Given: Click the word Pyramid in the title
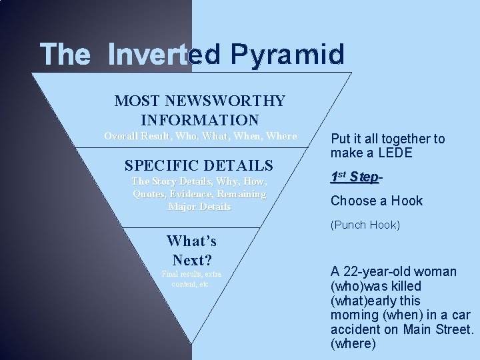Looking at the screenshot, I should point(289,55).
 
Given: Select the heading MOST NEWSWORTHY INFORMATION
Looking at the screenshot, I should point(200,111).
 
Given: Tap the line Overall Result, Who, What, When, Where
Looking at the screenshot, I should point(200,136).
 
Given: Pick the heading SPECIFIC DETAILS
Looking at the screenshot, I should point(199,165).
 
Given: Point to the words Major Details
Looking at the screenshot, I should point(199,207).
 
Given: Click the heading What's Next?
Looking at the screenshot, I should point(191,250).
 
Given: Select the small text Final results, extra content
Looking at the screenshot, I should point(191,279).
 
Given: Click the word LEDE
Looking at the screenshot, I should point(394,153).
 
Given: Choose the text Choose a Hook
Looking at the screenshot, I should point(377,201).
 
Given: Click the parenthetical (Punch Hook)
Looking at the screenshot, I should point(365,225).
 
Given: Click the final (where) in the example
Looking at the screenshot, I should point(353,345).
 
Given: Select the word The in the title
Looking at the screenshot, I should point(61,55).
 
